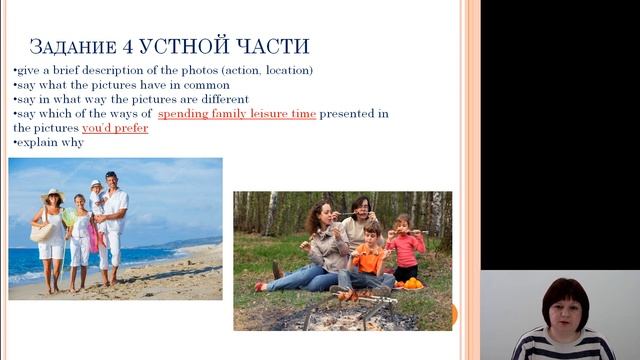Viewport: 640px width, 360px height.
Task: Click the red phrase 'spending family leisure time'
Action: pos(237,114)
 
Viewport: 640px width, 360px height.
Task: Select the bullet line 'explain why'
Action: pos(49,143)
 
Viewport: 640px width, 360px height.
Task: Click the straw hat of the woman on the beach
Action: pos(52,193)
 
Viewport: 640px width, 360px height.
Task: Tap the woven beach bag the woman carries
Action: pos(42,232)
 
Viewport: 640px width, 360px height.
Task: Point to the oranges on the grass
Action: pos(411,284)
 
